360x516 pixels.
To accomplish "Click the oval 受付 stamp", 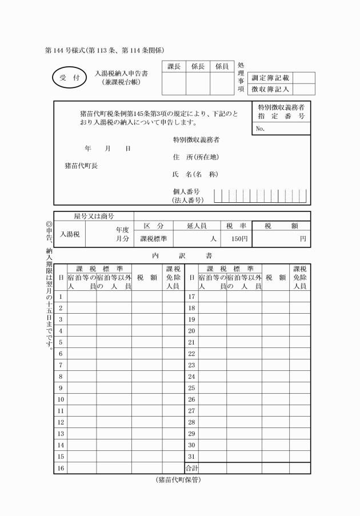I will point(68,77).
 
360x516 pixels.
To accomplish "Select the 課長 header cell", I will point(174,67).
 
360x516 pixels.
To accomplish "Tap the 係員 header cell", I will point(222,67).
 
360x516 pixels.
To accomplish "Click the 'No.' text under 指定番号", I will point(261,129).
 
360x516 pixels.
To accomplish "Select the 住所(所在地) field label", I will point(196,157).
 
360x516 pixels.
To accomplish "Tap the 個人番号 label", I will point(186,192).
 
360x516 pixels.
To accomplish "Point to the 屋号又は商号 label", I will point(94,217).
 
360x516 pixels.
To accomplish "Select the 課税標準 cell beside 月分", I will point(154,239).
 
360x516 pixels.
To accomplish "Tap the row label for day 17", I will point(192,297).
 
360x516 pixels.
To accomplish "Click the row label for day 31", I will point(192,456).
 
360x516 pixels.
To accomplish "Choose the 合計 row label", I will point(191,468).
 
